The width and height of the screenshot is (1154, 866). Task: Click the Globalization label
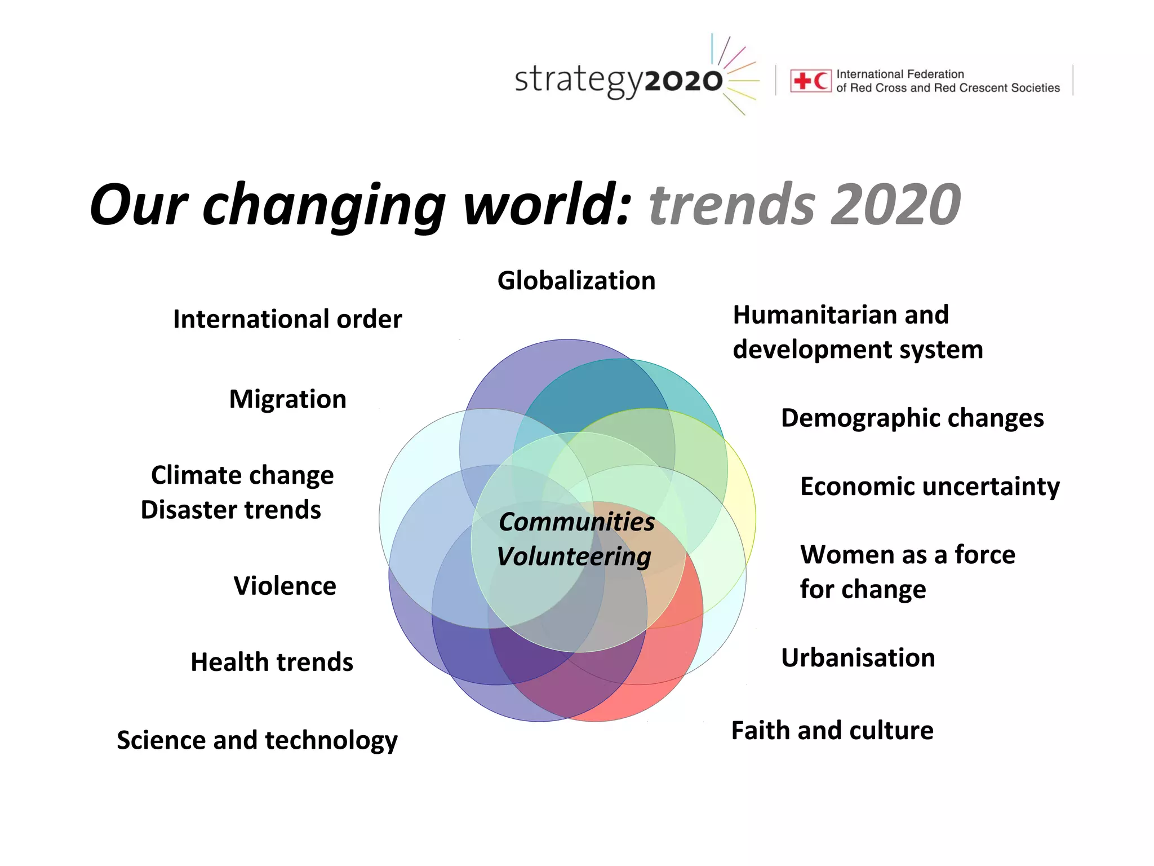[576, 281]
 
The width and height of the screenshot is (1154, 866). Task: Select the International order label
[287, 319]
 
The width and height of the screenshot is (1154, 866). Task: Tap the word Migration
[287, 399]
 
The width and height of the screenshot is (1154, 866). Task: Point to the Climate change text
[242, 475]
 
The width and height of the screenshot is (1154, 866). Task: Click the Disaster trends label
[230, 510]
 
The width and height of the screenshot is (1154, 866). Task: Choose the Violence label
[285, 586]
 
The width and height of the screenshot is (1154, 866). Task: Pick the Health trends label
[272, 662]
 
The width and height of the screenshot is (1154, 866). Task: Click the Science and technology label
[257, 740]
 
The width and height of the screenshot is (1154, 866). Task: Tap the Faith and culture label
[832, 731]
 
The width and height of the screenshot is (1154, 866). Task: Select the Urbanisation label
[858, 658]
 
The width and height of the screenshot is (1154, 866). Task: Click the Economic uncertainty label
[930, 487]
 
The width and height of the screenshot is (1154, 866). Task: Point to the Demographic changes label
[912, 418]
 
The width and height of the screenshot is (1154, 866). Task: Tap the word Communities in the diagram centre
[576, 522]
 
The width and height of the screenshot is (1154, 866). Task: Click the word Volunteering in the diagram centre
[574, 556]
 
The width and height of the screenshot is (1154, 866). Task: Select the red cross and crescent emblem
[810, 81]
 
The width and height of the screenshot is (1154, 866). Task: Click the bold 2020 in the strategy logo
[683, 82]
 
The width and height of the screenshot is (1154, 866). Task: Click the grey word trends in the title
[732, 205]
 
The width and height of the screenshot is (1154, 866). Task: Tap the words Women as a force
[907, 555]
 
